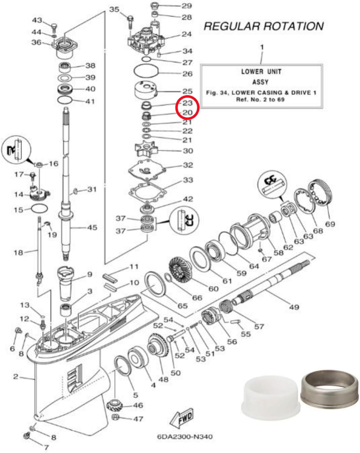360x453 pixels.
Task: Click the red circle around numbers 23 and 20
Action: (187, 108)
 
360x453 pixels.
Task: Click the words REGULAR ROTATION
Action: (264, 26)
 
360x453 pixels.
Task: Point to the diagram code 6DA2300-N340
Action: (185, 437)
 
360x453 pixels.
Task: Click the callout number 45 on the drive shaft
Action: (92, 227)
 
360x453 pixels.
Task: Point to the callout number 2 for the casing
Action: (16, 377)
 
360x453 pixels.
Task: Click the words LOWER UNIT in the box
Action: (261, 72)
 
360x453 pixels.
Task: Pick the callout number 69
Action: (330, 224)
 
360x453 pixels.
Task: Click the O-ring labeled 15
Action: (39, 208)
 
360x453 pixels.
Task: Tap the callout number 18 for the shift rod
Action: (18, 252)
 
